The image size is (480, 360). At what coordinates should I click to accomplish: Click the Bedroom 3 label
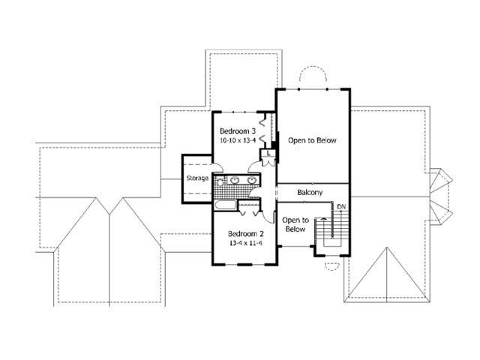[234, 130]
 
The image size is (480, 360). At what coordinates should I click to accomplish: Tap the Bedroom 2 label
[244, 233]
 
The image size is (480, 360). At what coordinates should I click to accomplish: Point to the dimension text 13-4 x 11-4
[244, 243]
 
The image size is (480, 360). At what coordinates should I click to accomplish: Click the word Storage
[197, 178]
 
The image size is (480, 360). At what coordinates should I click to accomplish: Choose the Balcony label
[310, 193]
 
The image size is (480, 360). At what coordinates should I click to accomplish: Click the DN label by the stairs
[341, 206]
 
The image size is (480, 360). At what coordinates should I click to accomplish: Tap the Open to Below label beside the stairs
[295, 224]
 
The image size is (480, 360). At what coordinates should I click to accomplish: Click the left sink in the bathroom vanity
[234, 181]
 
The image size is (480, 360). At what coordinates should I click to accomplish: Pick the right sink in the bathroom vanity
[253, 181]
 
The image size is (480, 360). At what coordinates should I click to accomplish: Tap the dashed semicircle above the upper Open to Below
[313, 77]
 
